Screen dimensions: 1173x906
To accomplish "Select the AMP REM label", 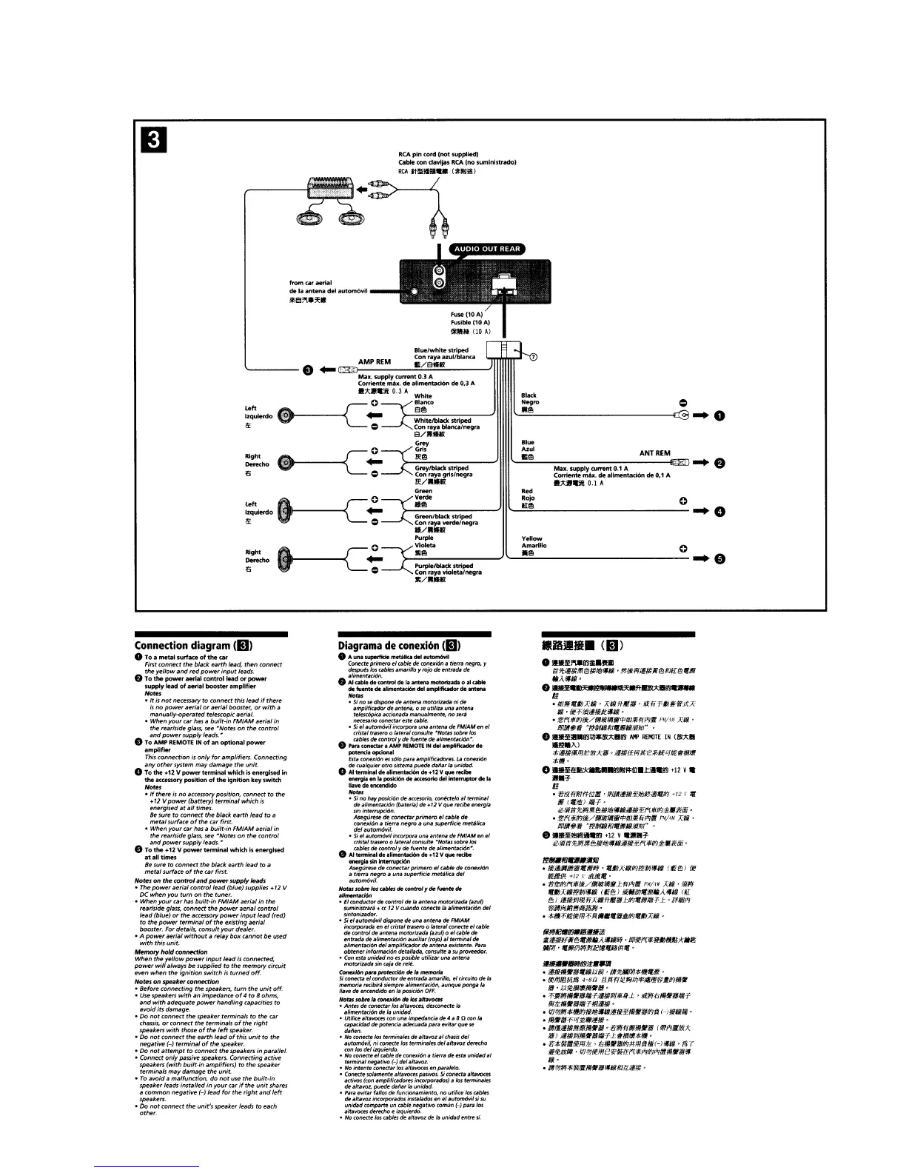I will [x=375, y=362].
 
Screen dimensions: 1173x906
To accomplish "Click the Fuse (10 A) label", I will [x=466, y=314].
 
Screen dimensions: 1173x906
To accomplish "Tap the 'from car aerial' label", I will [x=310, y=283].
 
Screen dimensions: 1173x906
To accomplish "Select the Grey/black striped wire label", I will [x=442, y=468].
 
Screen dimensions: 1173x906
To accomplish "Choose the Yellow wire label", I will [x=531, y=538].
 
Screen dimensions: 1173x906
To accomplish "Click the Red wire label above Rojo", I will [x=527, y=491].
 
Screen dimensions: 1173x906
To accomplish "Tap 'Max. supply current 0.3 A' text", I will [x=385, y=376].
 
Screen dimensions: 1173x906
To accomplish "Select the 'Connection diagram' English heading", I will [x=192, y=644].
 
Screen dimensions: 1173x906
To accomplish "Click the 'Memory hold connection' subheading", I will [x=171, y=952].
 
